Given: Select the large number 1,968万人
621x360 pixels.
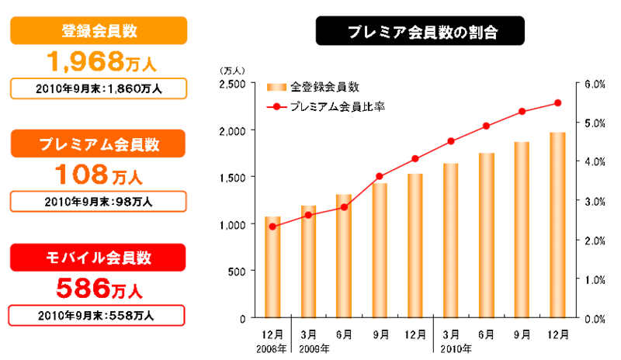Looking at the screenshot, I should (99, 60).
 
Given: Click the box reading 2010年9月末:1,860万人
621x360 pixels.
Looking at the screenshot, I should (99, 88).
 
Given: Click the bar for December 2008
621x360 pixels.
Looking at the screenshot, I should (272, 267).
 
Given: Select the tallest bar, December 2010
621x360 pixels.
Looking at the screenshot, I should (557, 225).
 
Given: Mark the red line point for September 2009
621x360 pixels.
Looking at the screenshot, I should (380, 176).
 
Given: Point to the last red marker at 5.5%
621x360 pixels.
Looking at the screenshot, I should (557, 102).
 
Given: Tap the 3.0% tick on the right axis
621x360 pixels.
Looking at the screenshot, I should (594, 201).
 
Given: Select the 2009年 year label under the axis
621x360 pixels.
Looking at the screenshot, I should (314, 349).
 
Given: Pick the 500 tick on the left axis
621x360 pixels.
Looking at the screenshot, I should (237, 271).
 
